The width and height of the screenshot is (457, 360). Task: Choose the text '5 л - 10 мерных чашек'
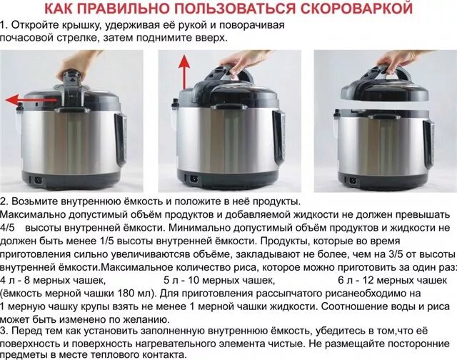pyautogui.click(x=219, y=280)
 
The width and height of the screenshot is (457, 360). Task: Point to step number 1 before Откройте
pyautogui.click(x=4, y=25)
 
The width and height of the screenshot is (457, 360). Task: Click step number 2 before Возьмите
pyautogui.click(x=4, y=202)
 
